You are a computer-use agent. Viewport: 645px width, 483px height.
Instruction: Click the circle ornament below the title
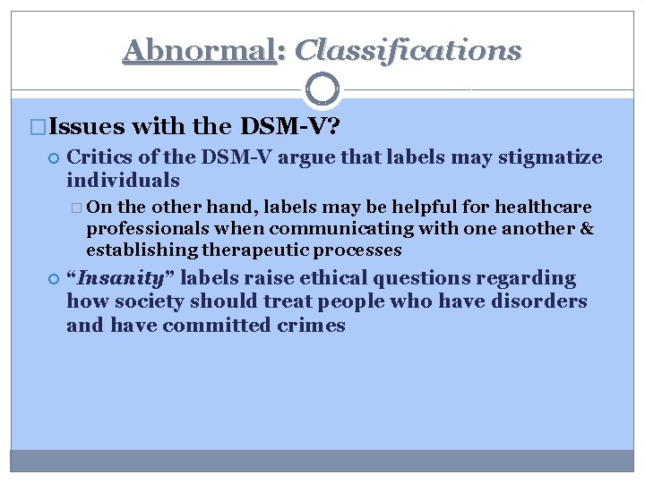coord(322,89)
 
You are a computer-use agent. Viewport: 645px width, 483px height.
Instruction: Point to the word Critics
coord(102,158)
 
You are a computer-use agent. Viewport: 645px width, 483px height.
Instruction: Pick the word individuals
coord(123,181)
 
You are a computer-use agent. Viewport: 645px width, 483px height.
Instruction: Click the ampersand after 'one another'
coord(588,229)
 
